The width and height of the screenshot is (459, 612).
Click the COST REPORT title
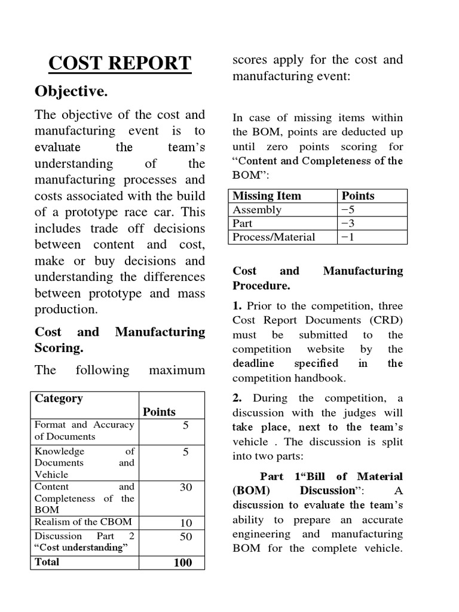[x=120, y=63]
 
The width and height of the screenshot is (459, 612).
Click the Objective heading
[x=71, y=91]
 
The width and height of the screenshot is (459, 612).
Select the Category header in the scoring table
[x=59, y=399]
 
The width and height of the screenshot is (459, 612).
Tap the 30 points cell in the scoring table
[x=186, y=488]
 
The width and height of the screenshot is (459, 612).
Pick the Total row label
[x=47, y=562]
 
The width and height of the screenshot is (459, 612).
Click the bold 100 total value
[x=182, y=562]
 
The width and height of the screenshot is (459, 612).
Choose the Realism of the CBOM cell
[x=83, y=522]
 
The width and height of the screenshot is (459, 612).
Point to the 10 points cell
[x=186, y=523]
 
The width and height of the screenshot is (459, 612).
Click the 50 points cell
[x=186, y=537]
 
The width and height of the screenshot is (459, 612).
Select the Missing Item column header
[x=267, y=196]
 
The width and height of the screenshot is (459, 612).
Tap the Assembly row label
[x=257, y=210]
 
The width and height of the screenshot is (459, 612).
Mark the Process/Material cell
[x=274, y=237]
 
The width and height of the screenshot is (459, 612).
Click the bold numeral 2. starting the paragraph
[x=237, y=399]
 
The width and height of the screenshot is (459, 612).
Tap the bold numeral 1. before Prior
[x=237, y=306]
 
